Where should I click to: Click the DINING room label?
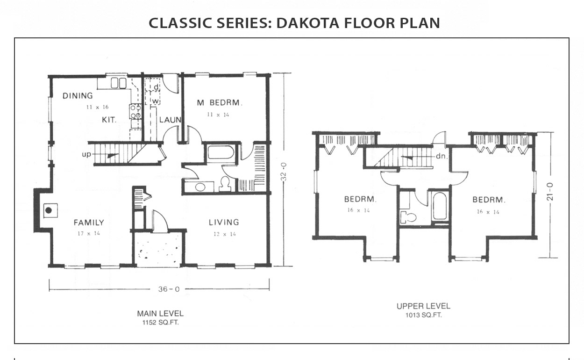coord(78,96)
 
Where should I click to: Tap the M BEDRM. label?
coord(220,102)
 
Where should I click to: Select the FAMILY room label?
coord(89,223)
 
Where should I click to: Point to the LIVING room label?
coord(224,222)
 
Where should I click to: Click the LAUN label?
coord(170,120)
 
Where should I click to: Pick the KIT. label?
coord(109,120)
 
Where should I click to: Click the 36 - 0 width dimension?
coord(169,289)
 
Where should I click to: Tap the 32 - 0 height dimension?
coord(284,172)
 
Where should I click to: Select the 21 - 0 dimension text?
coord(549,192)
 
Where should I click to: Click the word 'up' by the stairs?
coord(86,154)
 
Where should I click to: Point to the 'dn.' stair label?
coord(442,156)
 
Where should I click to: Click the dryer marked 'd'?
coord(152,84)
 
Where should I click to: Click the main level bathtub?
coord(221,152)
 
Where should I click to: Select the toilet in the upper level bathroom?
coord(408,217)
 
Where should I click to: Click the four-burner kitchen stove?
coord(135,112)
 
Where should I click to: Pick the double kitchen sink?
coord(119,83)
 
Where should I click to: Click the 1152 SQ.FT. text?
coord(160,323)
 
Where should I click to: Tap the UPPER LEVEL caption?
coord(423,306)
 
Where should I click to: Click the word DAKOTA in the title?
coord(307,23)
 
